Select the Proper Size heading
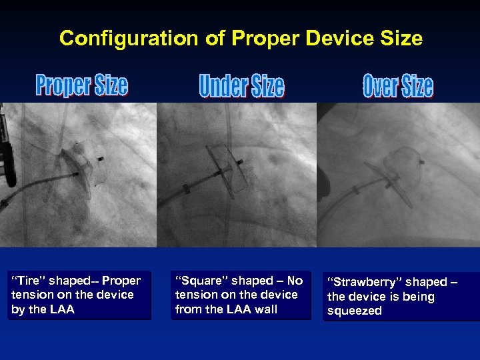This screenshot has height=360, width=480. tap(81, 85)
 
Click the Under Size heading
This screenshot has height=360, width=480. tap(241, 86)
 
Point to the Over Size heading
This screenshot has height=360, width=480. tap(398, 86)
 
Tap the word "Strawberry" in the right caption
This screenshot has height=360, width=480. tap(365, 282)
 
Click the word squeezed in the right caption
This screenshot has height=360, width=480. tap(355, 311)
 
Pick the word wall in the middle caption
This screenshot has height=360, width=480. tap(266, 309)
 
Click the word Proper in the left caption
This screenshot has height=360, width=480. tap(122, 281)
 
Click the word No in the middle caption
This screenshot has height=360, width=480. tap(294, 281)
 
